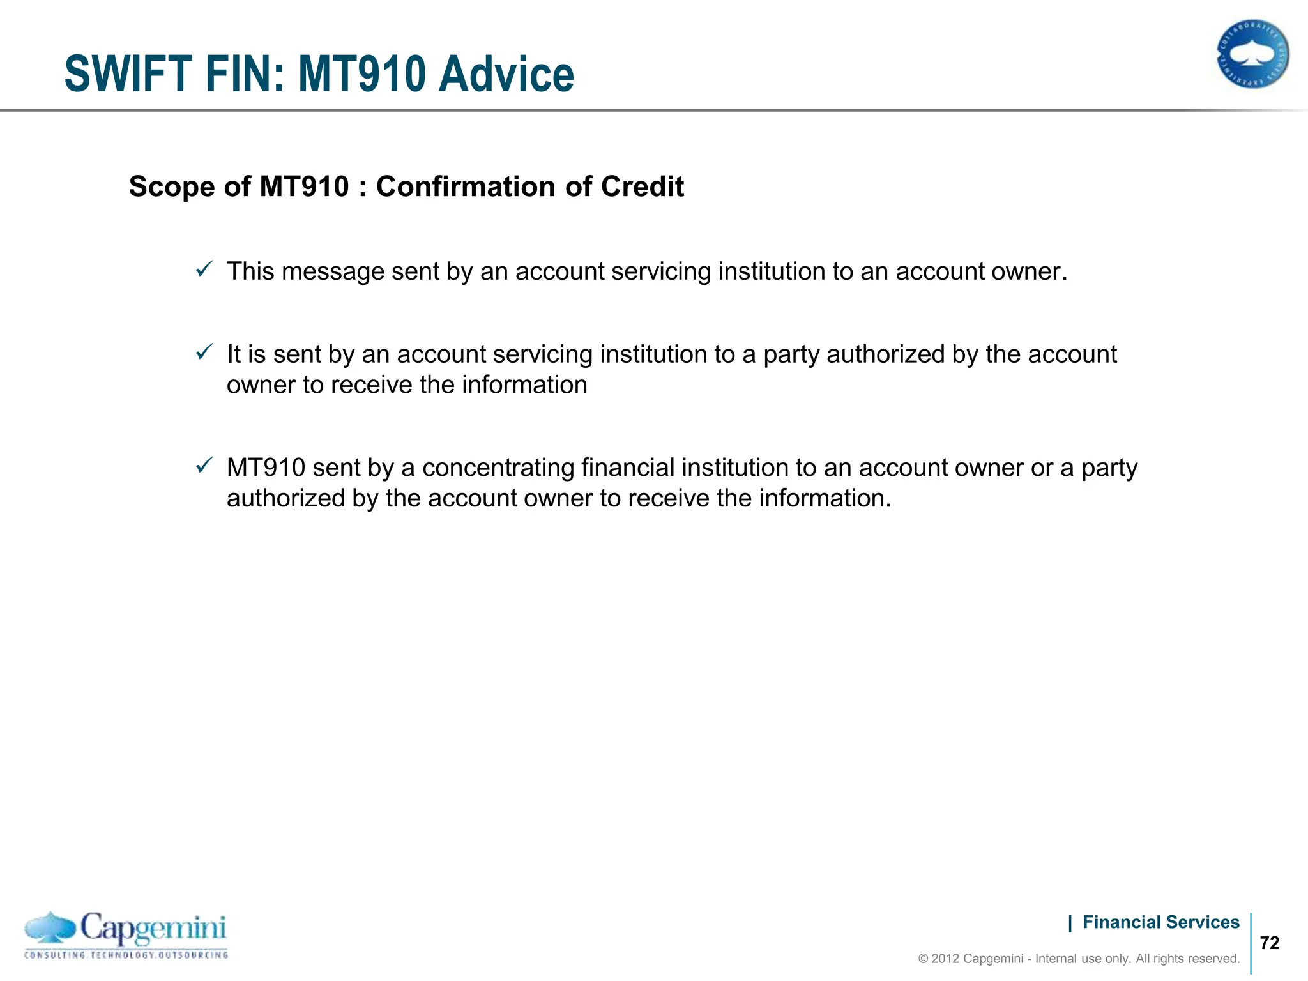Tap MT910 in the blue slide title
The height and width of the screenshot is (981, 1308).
click(x=362, y=74)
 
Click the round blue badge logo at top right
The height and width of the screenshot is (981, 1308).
click(x=1252, y=54)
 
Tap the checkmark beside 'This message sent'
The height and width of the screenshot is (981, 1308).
click(x=204, y=270)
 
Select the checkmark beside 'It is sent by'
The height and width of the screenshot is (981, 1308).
click(x=204, y=352)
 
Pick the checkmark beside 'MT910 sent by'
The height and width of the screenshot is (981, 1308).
click(x=204, y=466)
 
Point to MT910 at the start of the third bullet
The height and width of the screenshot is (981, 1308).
click(x=266, y=468)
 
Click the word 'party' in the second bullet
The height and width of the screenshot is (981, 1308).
click(x=791, y=354)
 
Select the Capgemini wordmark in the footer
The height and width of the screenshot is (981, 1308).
click(x=153, y=928)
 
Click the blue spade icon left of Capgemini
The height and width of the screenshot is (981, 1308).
click(x=50, y=928)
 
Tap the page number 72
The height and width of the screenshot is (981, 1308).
click(x=1270, y=943)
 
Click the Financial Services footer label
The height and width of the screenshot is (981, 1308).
click(x=1160, y=922)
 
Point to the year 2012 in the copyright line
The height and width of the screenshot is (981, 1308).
click(x=945, y=959)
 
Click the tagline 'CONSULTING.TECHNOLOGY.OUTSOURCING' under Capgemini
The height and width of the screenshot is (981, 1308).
click(x=126, y=955)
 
